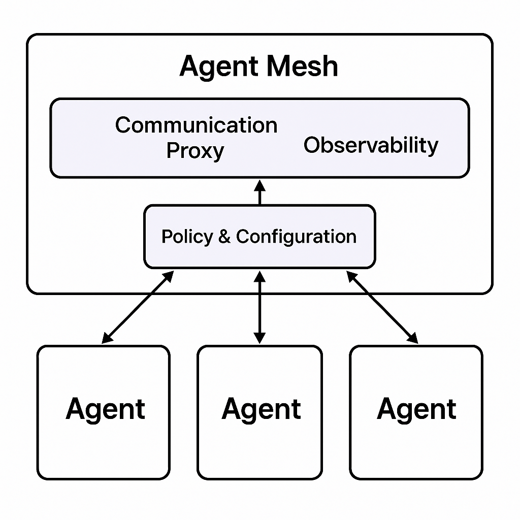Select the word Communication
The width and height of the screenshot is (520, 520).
coord(196,125)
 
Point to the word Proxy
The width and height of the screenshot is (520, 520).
coord(196,151)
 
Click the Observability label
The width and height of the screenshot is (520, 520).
coord(371,145)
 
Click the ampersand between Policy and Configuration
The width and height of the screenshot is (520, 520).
coord(224,237)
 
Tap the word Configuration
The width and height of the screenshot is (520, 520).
coord(296,237)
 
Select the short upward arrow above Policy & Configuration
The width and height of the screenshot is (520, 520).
coord(259,192)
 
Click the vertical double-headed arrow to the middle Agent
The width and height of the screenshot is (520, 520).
coord(259,307)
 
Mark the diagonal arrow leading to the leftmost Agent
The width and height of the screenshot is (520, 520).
coord(138,306)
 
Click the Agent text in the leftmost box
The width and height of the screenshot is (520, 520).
coord(105,409)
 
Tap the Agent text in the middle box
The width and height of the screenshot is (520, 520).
coord(261,409)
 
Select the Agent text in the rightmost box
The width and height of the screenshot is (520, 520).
coord(416,409)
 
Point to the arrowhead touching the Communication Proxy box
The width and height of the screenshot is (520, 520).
coord(259,184)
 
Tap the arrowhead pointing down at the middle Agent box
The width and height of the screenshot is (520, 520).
coord(259,338)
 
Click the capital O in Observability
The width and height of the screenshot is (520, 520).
coord(311,145)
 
